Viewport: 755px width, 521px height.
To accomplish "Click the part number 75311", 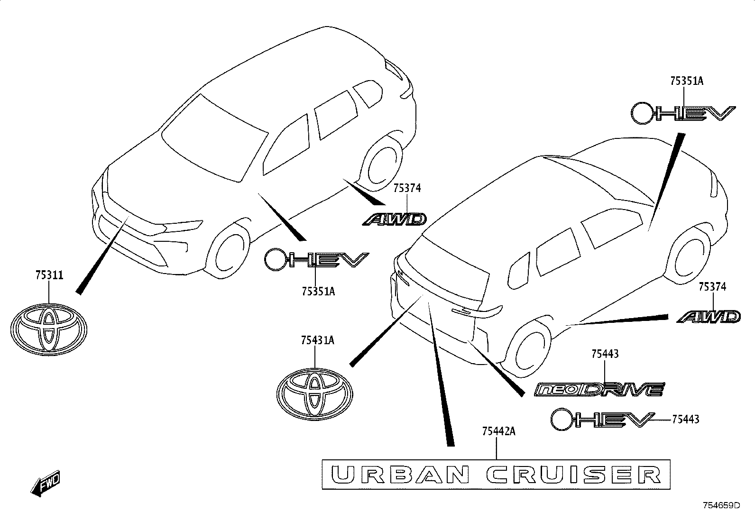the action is pos(49,275).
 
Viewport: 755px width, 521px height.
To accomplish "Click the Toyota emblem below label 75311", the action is pos(49,329).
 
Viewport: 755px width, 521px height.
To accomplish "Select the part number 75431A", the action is pos(317,340).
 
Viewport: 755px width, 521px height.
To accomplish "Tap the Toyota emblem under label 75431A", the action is pos(315,394).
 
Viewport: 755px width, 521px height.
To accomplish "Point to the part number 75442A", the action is pos(499,431).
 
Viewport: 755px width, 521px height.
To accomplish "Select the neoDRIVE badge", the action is pos(599,389).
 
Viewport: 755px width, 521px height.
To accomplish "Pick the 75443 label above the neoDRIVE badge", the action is pos(605,354).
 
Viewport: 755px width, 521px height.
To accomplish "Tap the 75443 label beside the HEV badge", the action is pos(686,419).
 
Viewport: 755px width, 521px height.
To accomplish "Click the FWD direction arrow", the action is pos(46,483).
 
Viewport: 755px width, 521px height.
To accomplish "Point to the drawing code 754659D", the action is pos(721,505).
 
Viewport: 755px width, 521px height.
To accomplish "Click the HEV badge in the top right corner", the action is pos(683,113).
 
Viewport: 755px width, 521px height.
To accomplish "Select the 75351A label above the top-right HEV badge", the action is pos(687,81).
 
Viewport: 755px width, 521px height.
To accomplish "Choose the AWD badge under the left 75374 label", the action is pos(395,219).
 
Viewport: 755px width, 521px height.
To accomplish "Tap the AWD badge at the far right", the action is pos(709,317).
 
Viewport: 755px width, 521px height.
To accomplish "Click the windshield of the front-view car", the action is pos(214,139).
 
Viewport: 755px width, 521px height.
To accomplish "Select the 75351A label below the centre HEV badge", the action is pos(319,291).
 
